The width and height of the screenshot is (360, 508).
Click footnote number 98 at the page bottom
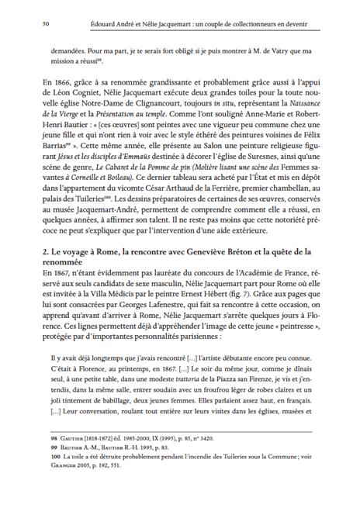click(x=30, y=460)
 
